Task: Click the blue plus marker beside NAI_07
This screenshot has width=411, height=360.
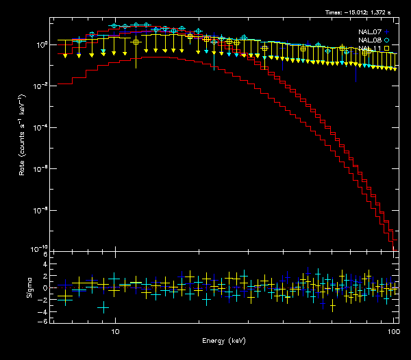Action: pos(387,31)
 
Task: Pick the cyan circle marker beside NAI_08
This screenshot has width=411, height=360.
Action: pos(387,40)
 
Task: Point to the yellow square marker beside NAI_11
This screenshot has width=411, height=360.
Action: pos(387,49)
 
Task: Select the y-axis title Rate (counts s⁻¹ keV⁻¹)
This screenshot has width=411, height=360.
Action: pos(23,137)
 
